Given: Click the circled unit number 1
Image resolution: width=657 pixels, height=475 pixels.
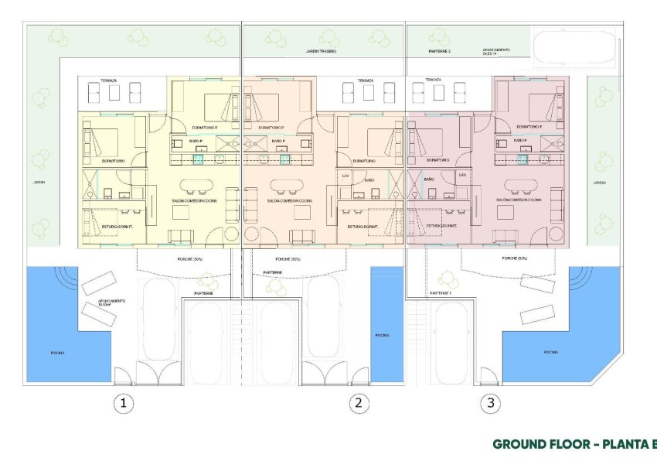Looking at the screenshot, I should point(121,402).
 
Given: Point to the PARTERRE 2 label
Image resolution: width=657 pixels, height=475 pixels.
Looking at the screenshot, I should point(439,52).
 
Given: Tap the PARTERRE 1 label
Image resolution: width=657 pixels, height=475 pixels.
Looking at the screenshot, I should point(441,294).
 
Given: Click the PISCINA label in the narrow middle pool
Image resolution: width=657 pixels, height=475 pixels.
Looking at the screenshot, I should point(382,336).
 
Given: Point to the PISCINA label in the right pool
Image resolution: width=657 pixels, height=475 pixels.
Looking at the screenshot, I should point(550,351).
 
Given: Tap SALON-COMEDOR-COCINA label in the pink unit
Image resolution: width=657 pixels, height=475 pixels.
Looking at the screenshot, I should point(519,200).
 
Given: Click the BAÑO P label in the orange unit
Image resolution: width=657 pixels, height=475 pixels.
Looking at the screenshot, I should point(279,142).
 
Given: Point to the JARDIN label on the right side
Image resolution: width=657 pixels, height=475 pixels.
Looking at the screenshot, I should point(599,183).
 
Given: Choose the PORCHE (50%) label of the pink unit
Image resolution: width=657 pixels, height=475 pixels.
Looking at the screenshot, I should point(514,258).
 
